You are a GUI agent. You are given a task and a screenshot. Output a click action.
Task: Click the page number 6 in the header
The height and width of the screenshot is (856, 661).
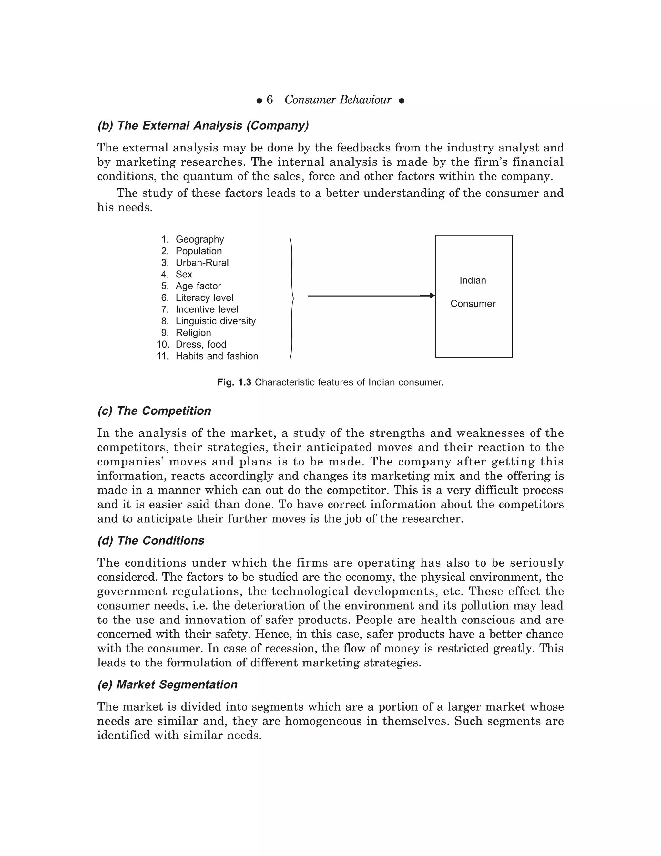(269, 100)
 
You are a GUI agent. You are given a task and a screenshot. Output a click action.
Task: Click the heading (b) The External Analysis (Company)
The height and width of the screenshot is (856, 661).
(203, 125)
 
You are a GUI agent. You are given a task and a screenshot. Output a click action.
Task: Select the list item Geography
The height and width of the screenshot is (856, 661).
(200, 239)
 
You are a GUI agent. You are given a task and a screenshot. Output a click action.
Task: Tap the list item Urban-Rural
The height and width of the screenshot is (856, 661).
(202, 263)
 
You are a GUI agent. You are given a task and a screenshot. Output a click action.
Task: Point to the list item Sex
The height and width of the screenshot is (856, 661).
(184, 274)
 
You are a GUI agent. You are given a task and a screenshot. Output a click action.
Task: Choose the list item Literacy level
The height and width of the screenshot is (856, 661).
(204, 298)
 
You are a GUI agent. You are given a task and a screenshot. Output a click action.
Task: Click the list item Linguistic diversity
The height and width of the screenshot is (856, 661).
(215, 321)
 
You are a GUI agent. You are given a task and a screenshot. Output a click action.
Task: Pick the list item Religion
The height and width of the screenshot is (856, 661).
(193, 333)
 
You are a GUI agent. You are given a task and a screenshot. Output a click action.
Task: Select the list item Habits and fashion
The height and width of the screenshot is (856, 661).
(217, 356)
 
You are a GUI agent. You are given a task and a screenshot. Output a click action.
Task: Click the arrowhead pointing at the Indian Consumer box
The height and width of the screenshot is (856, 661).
(432, 296)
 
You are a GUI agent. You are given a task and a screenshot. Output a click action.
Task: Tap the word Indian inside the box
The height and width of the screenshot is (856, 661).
(473, 281)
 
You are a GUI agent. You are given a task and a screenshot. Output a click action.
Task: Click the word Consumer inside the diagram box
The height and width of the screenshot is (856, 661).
(473, 304)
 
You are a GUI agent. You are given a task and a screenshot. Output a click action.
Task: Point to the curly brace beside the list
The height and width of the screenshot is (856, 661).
(292, 298)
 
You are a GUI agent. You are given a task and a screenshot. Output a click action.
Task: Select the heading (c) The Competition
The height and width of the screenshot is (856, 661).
(154, 411)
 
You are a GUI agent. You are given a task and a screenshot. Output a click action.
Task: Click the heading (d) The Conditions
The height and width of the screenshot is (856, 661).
(151, 540)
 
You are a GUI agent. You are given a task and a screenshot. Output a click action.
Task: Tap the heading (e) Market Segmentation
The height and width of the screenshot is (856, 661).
(167, 685)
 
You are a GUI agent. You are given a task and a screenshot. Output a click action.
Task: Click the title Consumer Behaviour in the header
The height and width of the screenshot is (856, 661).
(338, 100)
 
